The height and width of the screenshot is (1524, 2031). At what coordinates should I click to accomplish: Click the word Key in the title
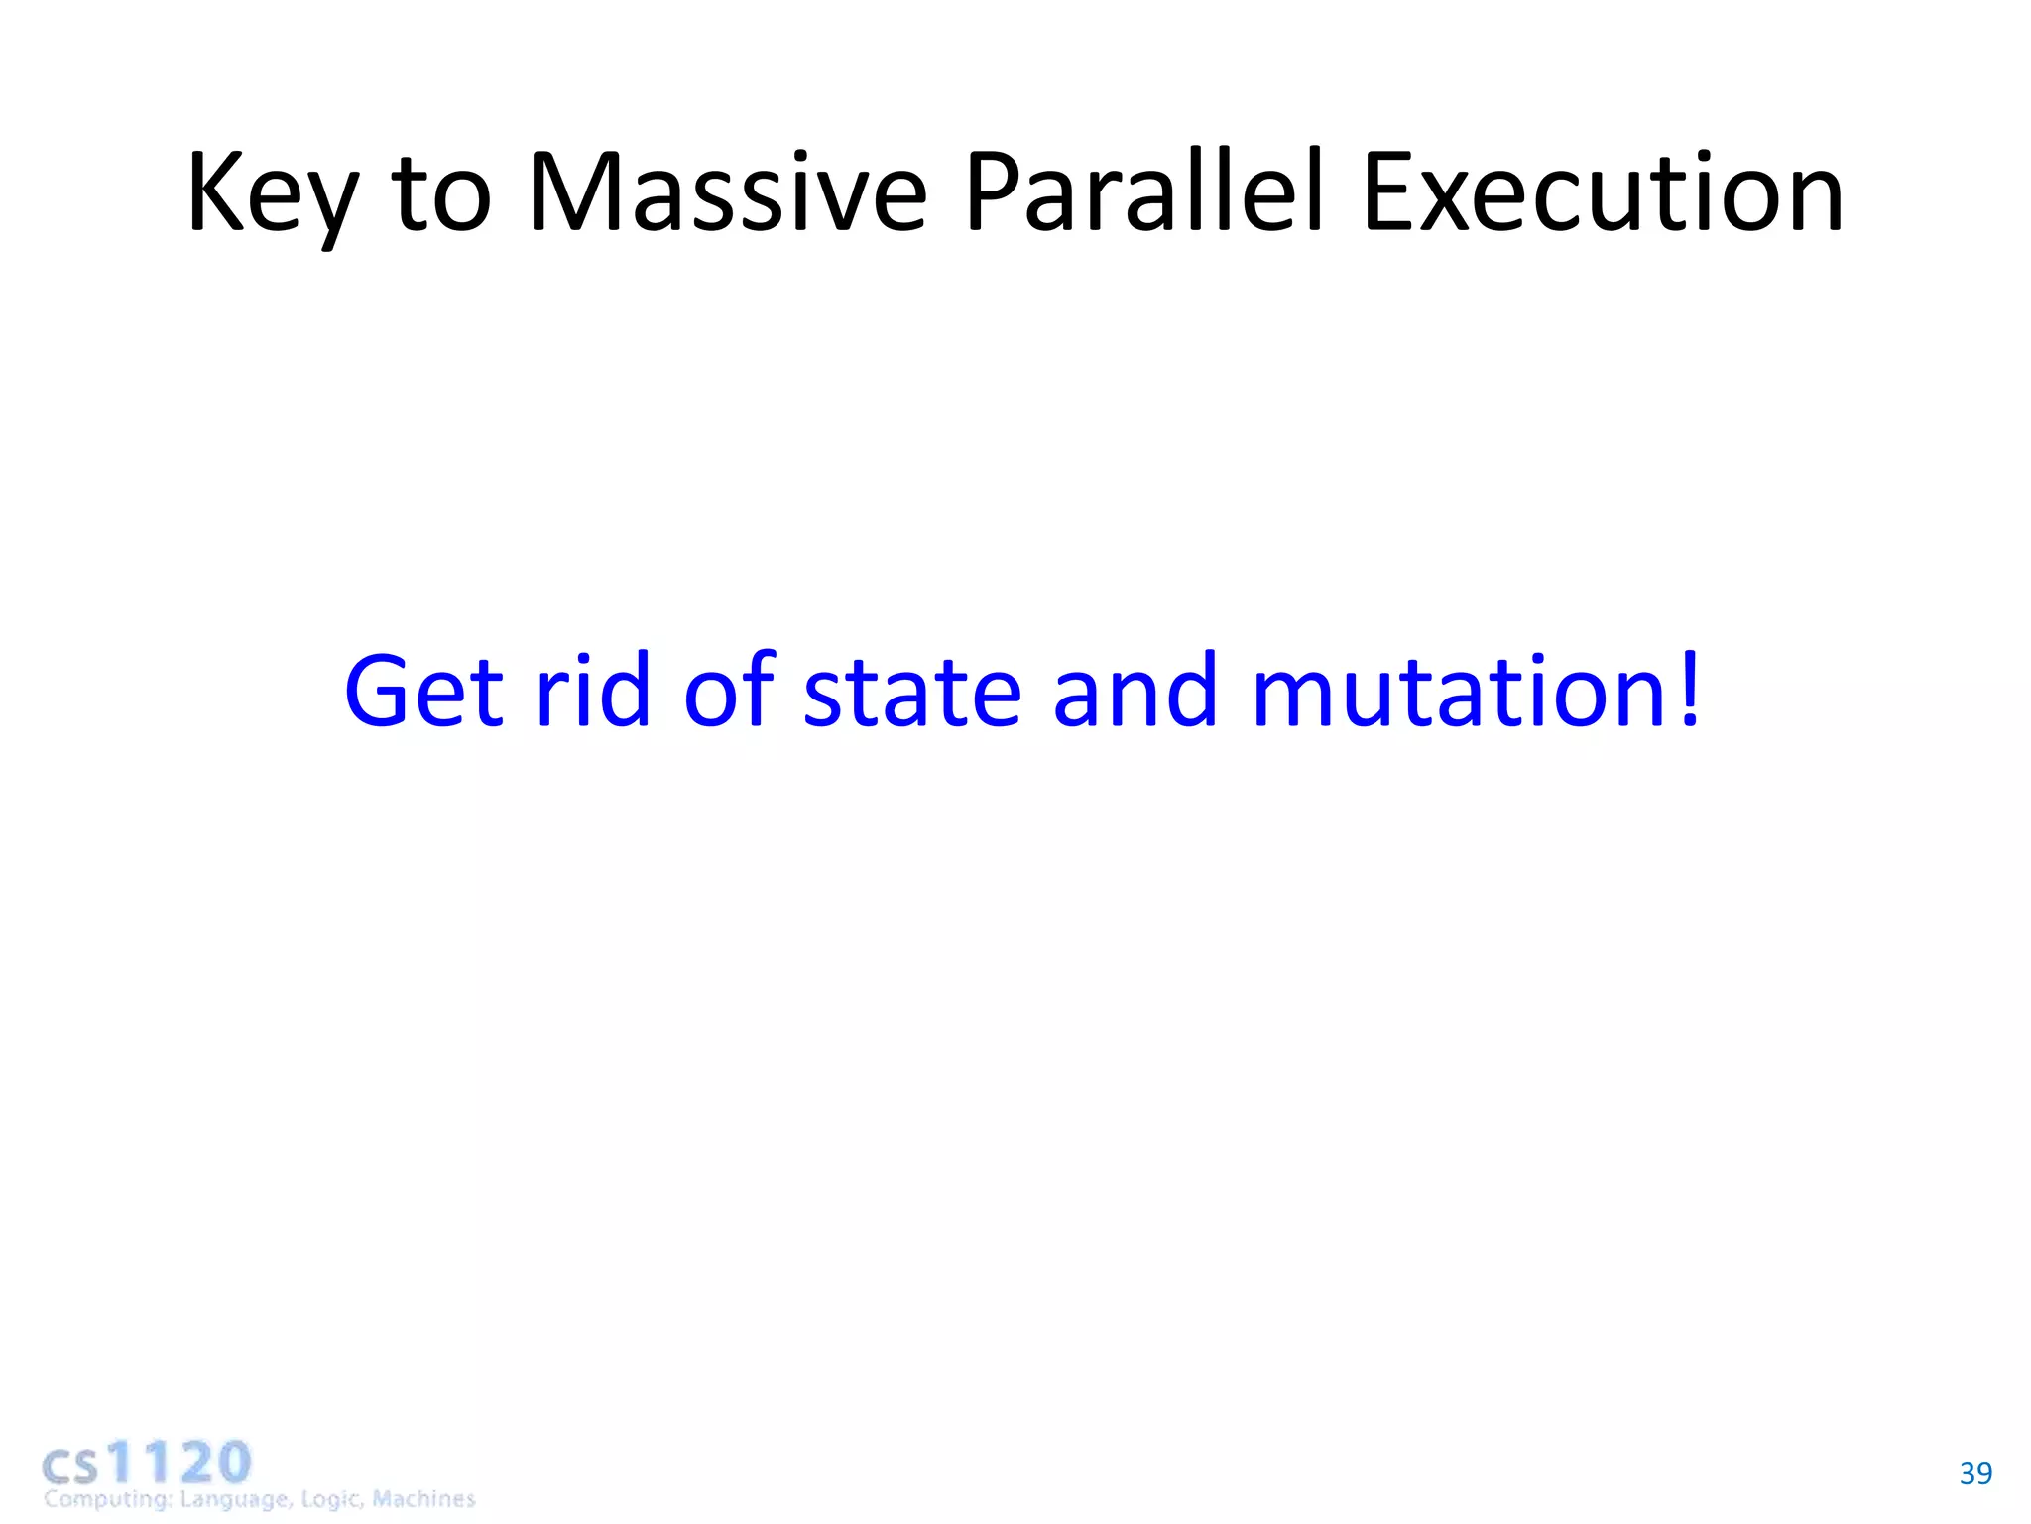[271, 194]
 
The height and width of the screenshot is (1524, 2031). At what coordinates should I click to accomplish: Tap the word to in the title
[441, 194]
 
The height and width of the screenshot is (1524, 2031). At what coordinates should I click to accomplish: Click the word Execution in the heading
[1603, 192]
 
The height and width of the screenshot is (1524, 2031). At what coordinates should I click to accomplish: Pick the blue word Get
[423, 691]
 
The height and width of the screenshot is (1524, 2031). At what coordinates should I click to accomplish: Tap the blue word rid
[593, 691]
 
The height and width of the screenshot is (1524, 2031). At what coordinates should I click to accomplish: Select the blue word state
[911, 693]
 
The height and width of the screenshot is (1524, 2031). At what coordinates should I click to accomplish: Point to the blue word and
[1135, 691]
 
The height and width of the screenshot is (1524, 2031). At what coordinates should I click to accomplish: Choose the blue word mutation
[1460, 693]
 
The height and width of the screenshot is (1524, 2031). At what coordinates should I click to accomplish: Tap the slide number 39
[1975, 1473]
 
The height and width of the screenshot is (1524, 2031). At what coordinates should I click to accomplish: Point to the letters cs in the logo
[70, 1466]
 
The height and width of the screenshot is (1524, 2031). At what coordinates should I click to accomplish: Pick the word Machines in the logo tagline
[423, 1498]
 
